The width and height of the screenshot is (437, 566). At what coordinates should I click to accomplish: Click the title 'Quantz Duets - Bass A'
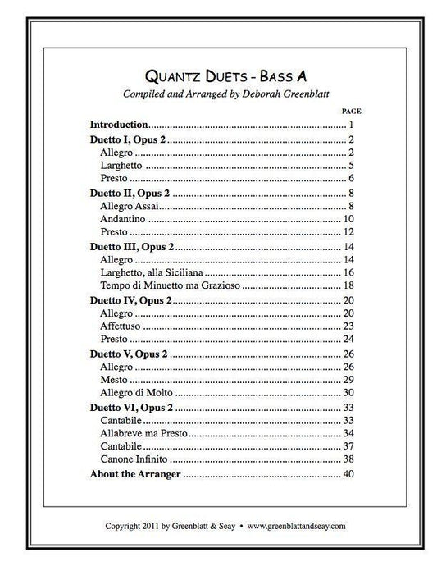click(218, 76)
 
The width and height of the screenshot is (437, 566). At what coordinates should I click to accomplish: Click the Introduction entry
click(118, 125)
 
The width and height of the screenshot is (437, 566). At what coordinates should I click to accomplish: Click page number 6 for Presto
click(349, 179)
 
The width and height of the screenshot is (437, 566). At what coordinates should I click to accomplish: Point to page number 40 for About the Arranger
click(348, 474)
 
